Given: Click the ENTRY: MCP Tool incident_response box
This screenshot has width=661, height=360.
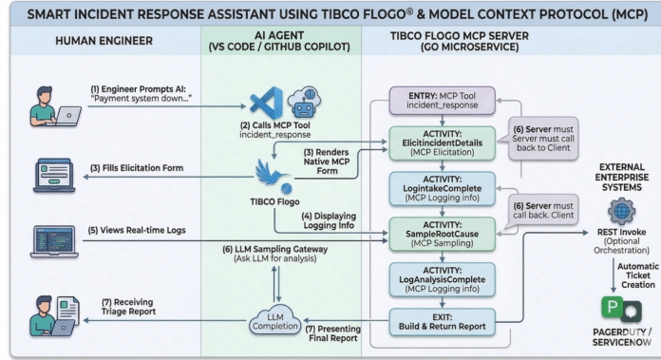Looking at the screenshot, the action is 443,101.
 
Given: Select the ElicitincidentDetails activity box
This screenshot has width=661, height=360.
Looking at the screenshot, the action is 443,143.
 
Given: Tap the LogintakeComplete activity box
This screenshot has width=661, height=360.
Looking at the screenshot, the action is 443,188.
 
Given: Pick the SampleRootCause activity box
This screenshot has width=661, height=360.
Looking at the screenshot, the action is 443,234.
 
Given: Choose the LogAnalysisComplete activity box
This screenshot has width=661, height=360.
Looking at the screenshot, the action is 443,279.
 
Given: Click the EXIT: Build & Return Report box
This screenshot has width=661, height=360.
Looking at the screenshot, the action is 443,322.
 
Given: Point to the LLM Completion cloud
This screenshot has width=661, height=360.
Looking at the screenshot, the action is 274,320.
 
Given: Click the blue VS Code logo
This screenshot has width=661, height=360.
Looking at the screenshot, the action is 267,103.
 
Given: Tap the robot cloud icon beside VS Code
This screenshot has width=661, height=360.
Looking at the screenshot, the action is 304,102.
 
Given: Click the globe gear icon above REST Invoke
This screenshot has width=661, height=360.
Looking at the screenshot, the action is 621,211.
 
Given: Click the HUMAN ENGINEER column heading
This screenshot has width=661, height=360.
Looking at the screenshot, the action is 104,41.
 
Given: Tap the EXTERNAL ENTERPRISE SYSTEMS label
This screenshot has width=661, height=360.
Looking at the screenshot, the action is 622,177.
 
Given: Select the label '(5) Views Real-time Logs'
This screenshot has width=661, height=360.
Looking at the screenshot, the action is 137,230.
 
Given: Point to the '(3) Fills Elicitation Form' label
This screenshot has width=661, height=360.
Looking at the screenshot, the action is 137,168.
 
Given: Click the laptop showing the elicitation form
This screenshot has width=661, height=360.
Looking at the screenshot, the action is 54,176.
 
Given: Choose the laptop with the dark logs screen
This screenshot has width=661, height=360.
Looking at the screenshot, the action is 54,241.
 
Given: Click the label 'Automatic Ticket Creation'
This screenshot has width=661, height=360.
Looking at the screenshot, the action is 638,275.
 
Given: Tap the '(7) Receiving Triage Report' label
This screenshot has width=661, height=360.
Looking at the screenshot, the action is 128,307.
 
